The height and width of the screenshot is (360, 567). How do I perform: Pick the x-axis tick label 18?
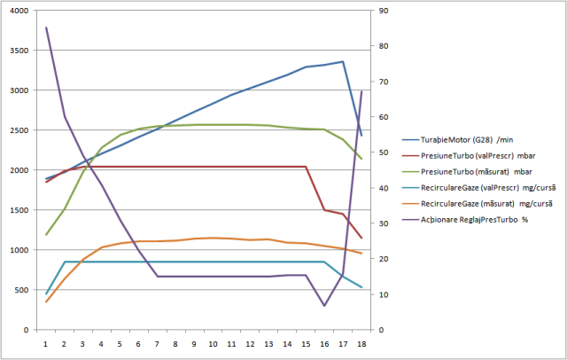pyautogui.click(x=361, y=342)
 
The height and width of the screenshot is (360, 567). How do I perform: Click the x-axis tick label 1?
pyautogui.click(x=45, y=342)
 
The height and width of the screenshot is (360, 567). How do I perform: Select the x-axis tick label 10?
pyautogui.click(x=213, y=342)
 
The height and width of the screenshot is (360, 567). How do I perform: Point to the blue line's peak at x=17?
pyautogui.click(x=342, y=62)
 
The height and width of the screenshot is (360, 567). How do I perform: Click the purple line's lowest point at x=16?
pyautogui.click(x=324, y=306)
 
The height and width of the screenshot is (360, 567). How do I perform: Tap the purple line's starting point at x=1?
pyautogui.click(x=46, y=27)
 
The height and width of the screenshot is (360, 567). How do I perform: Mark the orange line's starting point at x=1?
pyautogui.click(x=46, y=302)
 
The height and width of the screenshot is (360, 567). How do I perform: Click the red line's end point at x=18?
pyautogui.click(x=361, y=238)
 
